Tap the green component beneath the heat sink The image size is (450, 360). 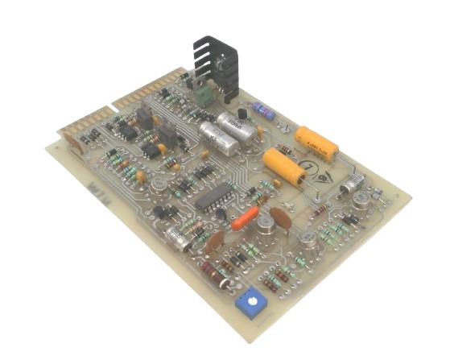(x=204, y=95)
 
